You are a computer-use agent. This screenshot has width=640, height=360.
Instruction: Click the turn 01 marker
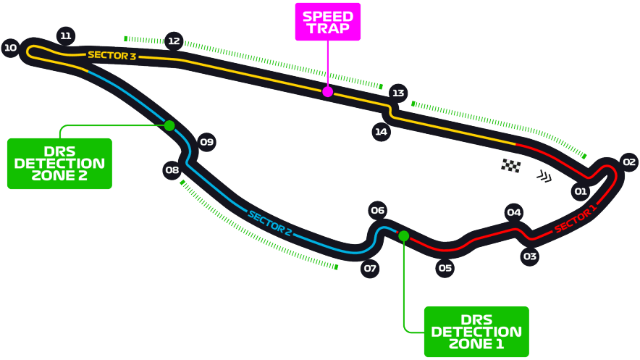point(580,191)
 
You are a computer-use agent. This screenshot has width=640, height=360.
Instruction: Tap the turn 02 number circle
point(628,162)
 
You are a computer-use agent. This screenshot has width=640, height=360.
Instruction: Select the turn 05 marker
point(445,268)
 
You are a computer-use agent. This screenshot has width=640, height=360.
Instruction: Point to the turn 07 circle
point(371,269)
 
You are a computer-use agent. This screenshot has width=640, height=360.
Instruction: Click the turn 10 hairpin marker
point(10,49)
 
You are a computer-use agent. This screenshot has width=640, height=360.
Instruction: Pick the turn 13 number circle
point(397,93)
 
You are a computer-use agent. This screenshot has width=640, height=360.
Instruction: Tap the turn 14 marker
point(382,132)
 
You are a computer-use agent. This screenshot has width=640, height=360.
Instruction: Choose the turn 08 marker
point(172,171)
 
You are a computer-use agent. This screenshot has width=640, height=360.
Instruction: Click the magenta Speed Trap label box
point(327,22)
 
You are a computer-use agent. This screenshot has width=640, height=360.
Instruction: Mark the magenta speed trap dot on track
point(327,91)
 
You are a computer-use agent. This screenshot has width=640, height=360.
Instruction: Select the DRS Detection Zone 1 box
point(476,331)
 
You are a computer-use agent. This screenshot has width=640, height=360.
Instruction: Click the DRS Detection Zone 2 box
point(59,164)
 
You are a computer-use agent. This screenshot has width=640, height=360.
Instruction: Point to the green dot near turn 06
point(403,236)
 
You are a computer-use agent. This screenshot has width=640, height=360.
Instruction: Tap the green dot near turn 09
point(169,125)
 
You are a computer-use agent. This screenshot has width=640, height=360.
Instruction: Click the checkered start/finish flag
point(511,166)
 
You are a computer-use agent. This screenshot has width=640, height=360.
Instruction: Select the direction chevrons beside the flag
point(544,175)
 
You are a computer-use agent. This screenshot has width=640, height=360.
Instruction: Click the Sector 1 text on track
point(576,219)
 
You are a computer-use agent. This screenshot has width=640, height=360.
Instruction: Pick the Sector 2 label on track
point(269,224)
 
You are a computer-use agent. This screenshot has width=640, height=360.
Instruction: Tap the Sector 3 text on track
point(111,55)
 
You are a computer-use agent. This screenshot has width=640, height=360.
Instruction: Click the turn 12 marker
point(174,41)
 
